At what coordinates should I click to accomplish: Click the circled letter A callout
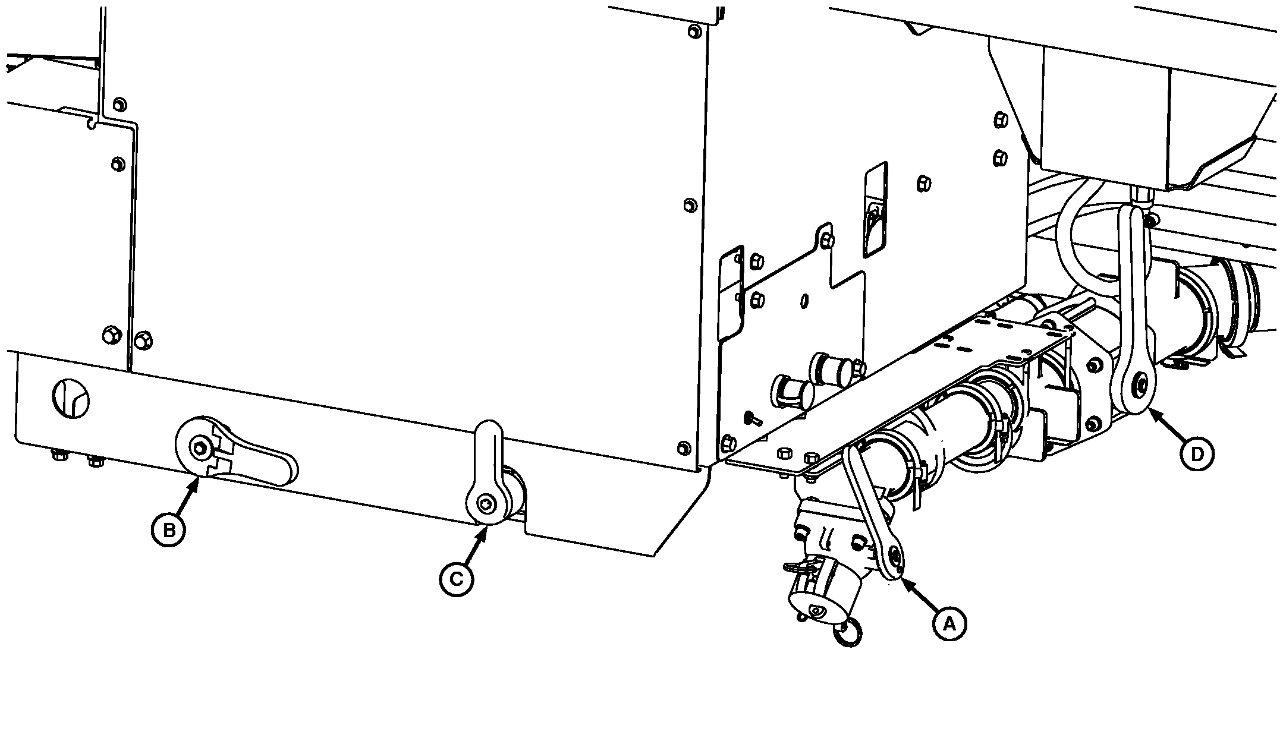coord(949,623)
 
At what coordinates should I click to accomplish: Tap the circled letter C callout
coord(457,578)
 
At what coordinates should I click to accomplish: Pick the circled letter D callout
coord(1196,454)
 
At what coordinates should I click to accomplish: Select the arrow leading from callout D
coord(1165,424)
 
